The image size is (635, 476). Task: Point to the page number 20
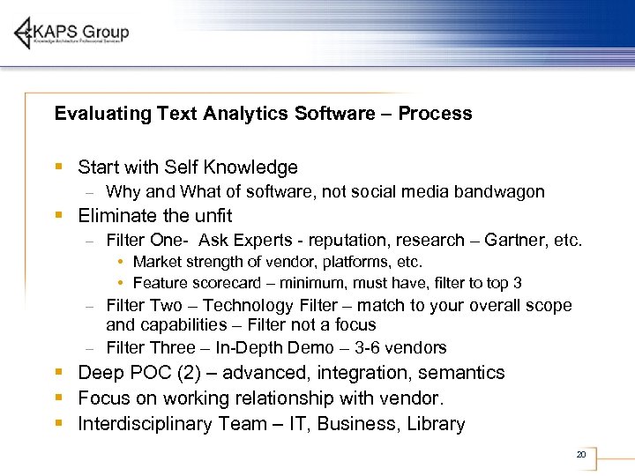580,455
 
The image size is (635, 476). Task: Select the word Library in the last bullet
436,424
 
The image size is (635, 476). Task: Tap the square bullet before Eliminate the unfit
58,216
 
